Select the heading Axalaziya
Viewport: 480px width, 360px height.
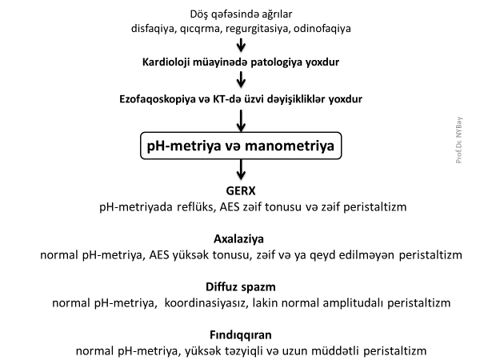(240, 239)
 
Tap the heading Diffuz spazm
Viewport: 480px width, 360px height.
(240, 286)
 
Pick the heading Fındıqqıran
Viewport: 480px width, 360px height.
(240, 334)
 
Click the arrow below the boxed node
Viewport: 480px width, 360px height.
(240, 170)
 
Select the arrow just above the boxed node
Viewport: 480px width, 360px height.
(240, 119)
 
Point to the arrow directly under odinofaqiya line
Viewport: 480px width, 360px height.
(240, 44)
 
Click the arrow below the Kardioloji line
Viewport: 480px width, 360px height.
(240, 79)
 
